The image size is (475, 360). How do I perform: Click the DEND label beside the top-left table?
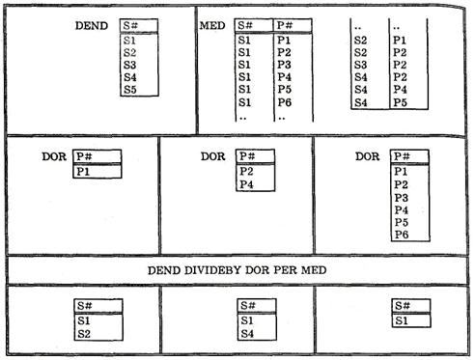click(x=92, y=26)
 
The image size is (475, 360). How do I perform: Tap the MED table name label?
click(x=212, y=25)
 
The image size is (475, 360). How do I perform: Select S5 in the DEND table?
click(x=130, y=90)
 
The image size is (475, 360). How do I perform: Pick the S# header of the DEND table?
click(x=130, y=25)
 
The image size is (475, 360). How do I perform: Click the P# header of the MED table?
click(x=285, y=25)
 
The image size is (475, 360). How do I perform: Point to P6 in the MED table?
click(x=285, y=102)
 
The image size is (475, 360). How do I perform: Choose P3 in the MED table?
click(x=285, y=65)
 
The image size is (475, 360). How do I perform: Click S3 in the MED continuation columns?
click(x=360, y=65)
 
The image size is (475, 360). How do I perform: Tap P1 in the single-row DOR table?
click(x=83, y=172)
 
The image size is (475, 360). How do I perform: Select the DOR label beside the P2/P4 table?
click(x=212, y=156)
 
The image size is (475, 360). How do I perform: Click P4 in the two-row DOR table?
click(x=246, y=184)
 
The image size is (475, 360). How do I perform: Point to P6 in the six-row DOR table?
click(x=402, y=235)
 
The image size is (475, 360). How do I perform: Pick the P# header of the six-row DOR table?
click(x=402, y=156)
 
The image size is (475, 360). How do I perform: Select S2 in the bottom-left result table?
click(x=84, y=334)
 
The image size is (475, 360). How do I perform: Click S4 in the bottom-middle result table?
click(x=247, y=334)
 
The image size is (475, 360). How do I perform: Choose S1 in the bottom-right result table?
click(x=402, y=320)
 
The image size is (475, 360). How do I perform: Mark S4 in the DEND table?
click(x=130, y=77)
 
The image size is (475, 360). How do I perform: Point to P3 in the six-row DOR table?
click(x=402, y=197)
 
